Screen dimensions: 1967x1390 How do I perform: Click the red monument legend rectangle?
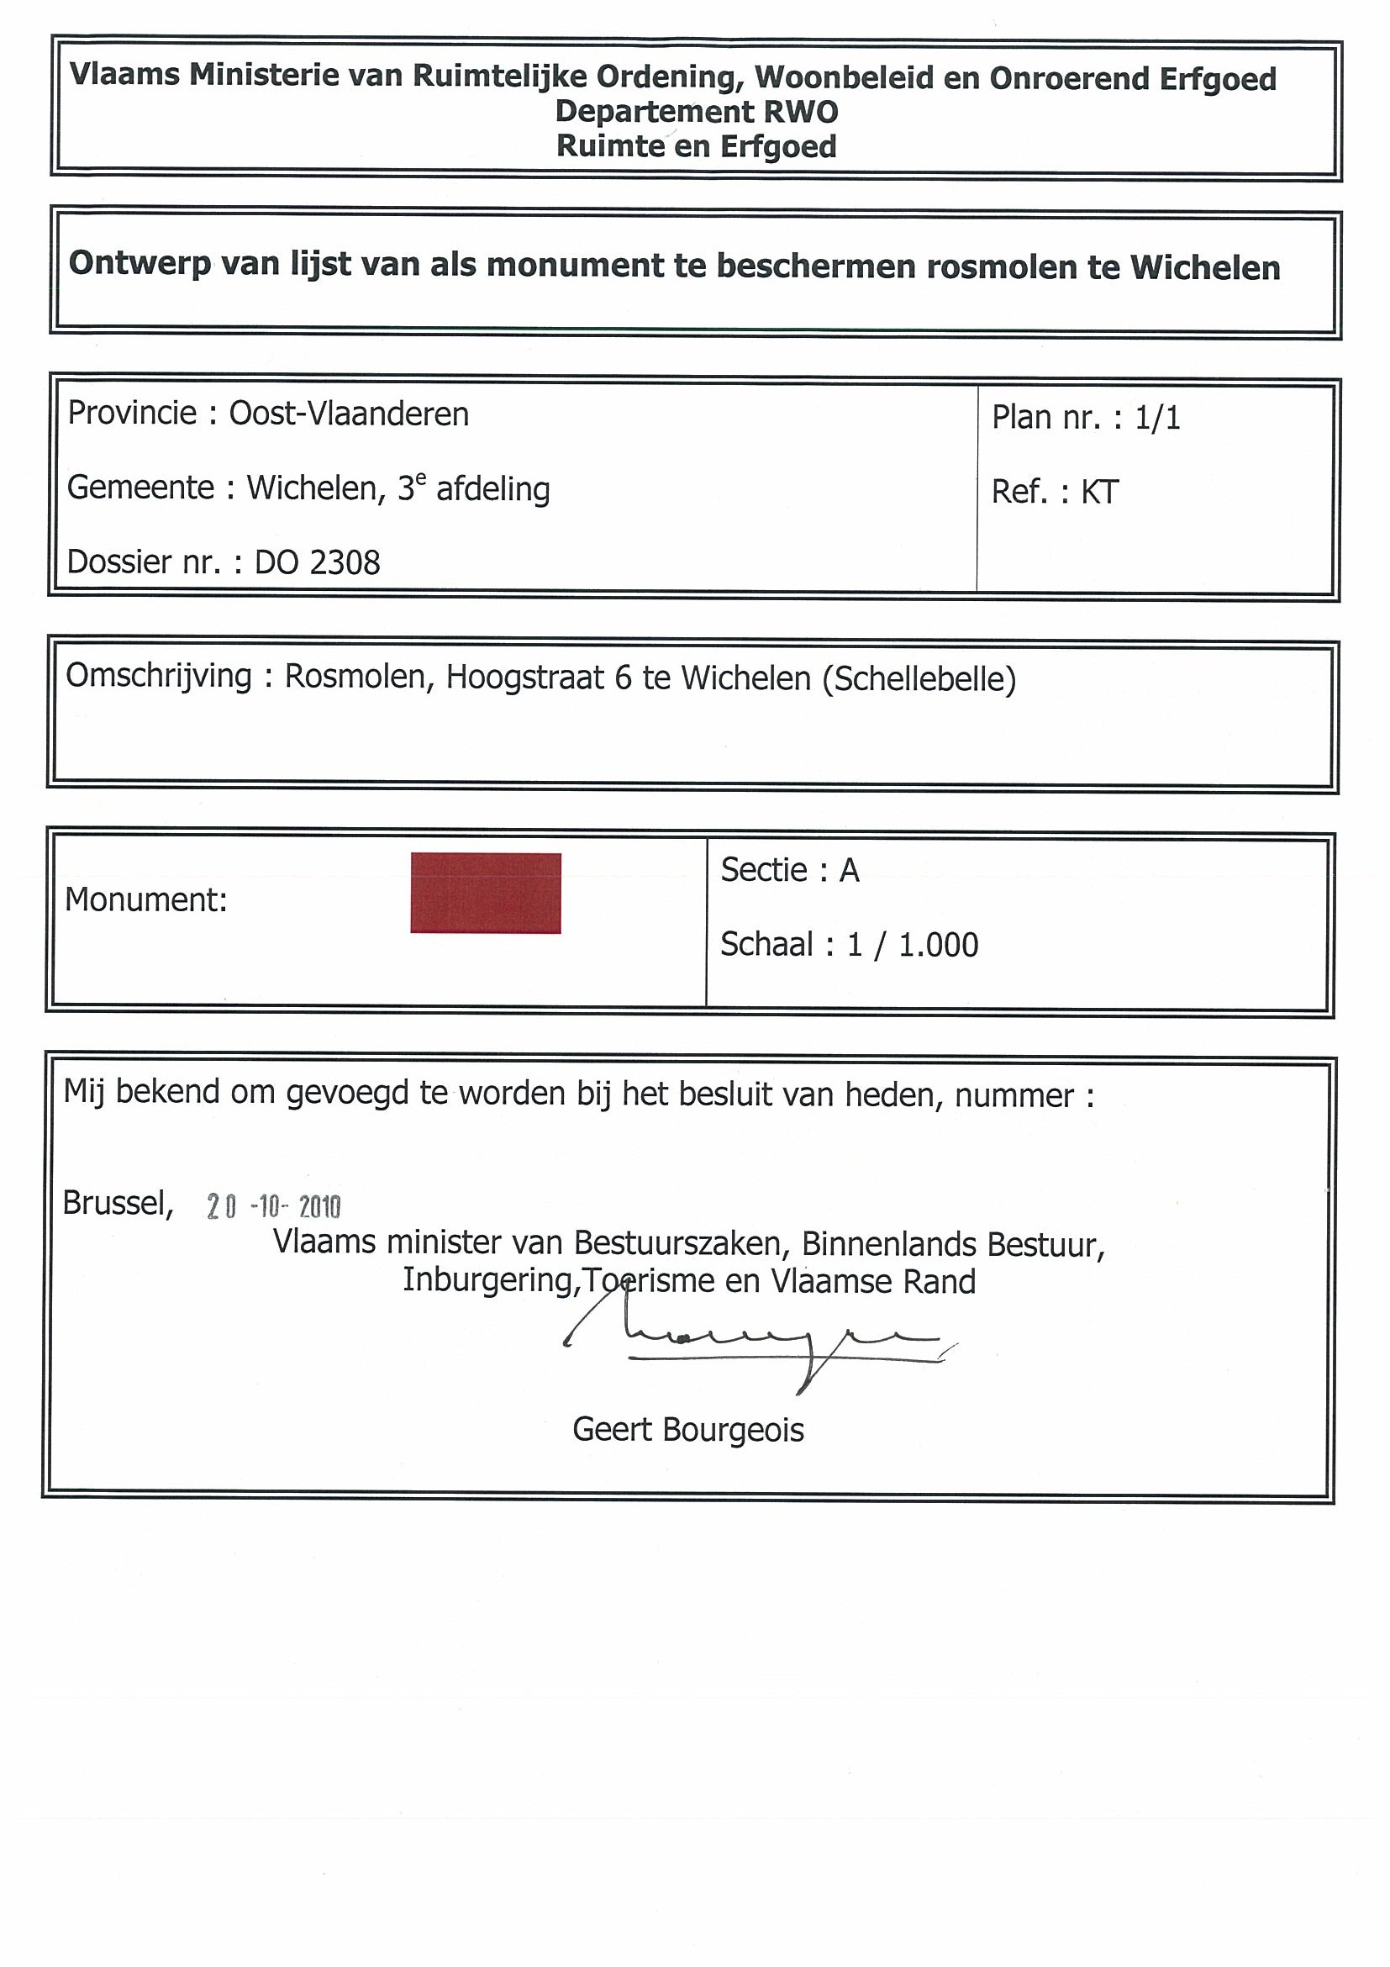click(486, 893)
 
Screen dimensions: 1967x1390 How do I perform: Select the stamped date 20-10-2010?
click(273, 1207)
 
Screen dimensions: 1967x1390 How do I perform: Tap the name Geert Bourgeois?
click(687, 1430)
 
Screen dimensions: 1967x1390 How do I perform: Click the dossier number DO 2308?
click(317, 563)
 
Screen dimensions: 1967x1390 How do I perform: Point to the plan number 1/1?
click(1157, 418)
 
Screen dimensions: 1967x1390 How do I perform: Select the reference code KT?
click(1100, 493)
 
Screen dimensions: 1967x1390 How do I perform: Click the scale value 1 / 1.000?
click(912, 945)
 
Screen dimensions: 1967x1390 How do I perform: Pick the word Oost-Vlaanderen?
click(349, 414)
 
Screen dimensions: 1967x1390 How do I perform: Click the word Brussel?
click(118, 1204)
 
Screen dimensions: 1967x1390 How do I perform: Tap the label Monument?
click(145, 900)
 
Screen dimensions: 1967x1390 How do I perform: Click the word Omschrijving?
click(159, 676)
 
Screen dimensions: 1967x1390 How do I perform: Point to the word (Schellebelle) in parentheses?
click(919, 679)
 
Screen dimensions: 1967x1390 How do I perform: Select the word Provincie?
click(132, 413)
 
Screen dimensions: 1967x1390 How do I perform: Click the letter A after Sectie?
click(849, 870)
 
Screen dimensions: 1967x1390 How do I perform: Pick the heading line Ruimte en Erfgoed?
click(697, 146)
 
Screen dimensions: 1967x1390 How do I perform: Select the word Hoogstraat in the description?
click(524, 678)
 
